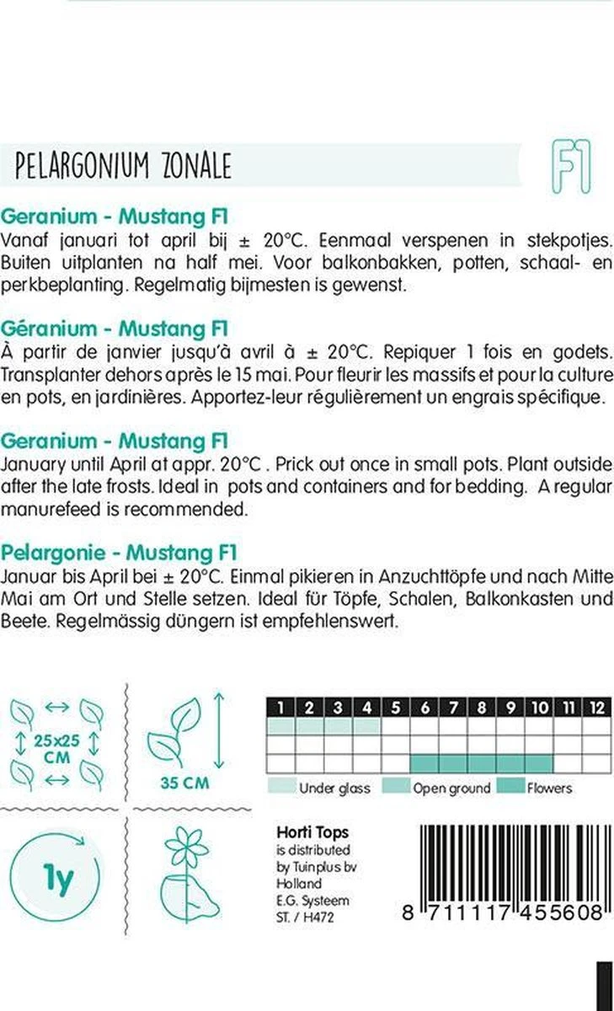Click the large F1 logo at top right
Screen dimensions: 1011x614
[x=570, y=167]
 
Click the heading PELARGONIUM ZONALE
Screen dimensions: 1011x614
[x=123, y=167]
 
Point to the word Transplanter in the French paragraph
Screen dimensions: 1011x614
[x=50, y=373]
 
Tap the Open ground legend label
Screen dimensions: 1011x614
[x=451, y=788]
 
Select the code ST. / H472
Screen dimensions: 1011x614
[x=305, y=917]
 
